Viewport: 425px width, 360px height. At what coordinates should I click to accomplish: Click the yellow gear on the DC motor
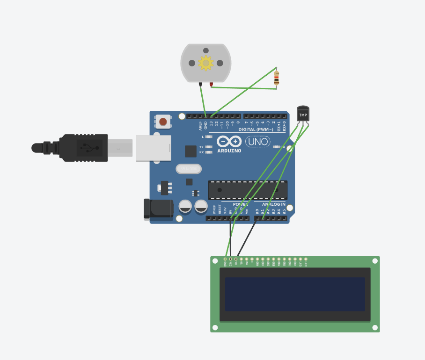click(x=205, y=63)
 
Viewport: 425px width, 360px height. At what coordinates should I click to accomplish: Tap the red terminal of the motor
click(x=211, y=85)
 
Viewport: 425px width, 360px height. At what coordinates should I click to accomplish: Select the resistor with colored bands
click(x=276, y=78)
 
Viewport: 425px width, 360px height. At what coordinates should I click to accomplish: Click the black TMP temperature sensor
click(x=303, y=114)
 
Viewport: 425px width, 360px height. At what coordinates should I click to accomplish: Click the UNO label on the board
click(x=257, y=141)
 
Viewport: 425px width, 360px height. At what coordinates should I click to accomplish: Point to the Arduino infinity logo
click(x=229, y=141)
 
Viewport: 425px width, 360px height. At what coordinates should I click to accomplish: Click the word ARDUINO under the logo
click(x=229, y=151)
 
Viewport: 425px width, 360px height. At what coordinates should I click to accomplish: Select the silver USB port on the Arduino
click(x=153, y=148)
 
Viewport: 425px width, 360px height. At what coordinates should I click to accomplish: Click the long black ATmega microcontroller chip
click(x=248, y=189)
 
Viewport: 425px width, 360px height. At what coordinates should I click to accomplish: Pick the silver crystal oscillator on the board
click(x=189, y=168)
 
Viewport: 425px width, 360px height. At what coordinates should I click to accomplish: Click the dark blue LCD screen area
click(x=295, y=294)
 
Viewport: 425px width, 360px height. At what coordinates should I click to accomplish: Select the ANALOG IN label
click(x=274, y=204)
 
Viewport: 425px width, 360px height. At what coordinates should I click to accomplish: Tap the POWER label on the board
click(x=241, y=204)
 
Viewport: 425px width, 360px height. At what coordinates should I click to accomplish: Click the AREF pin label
click(x=200, y=125)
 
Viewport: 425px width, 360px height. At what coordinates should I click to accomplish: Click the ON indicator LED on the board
click(x=276, y=147)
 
